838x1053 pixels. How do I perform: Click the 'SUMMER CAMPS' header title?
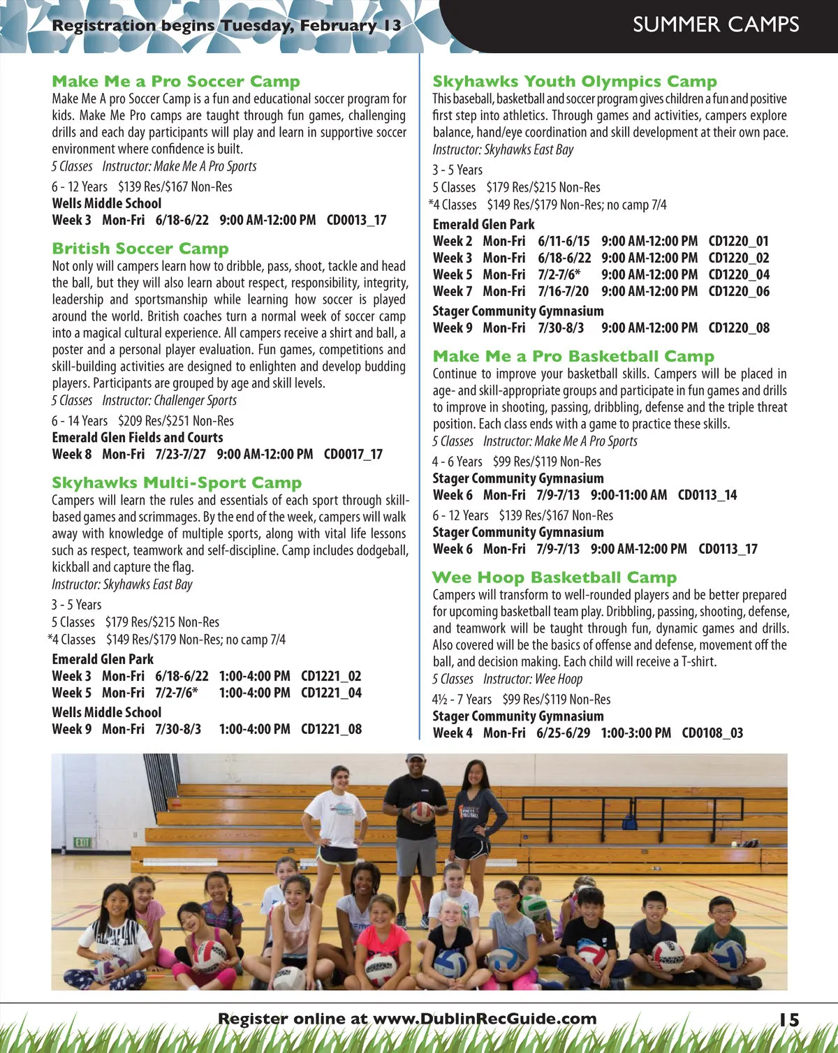(716, 24)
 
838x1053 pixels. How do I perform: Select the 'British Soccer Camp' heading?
(140, 249)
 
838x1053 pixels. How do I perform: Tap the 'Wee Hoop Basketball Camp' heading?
(554, 577)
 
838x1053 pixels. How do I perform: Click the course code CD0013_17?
(356, 220)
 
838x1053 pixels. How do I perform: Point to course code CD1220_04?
(739, 274)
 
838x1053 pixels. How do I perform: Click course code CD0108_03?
(712, 732)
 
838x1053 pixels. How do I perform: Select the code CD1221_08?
(331, 729)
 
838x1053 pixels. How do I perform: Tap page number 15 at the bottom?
(789, 1019)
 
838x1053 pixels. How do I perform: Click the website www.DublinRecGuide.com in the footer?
(485, 1019)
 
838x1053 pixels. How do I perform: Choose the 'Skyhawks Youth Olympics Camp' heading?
(575, 82)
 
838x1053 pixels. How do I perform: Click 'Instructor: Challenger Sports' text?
(170, 401)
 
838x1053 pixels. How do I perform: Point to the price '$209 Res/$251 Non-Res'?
(176, 421)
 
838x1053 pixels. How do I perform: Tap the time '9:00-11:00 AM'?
(628, 495)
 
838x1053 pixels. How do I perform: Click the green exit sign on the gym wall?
(82, 842)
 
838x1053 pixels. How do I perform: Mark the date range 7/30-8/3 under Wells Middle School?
(178, 729)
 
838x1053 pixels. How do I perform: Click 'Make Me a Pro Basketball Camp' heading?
(573, 357)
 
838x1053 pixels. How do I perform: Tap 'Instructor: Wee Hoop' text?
(533, 679)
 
